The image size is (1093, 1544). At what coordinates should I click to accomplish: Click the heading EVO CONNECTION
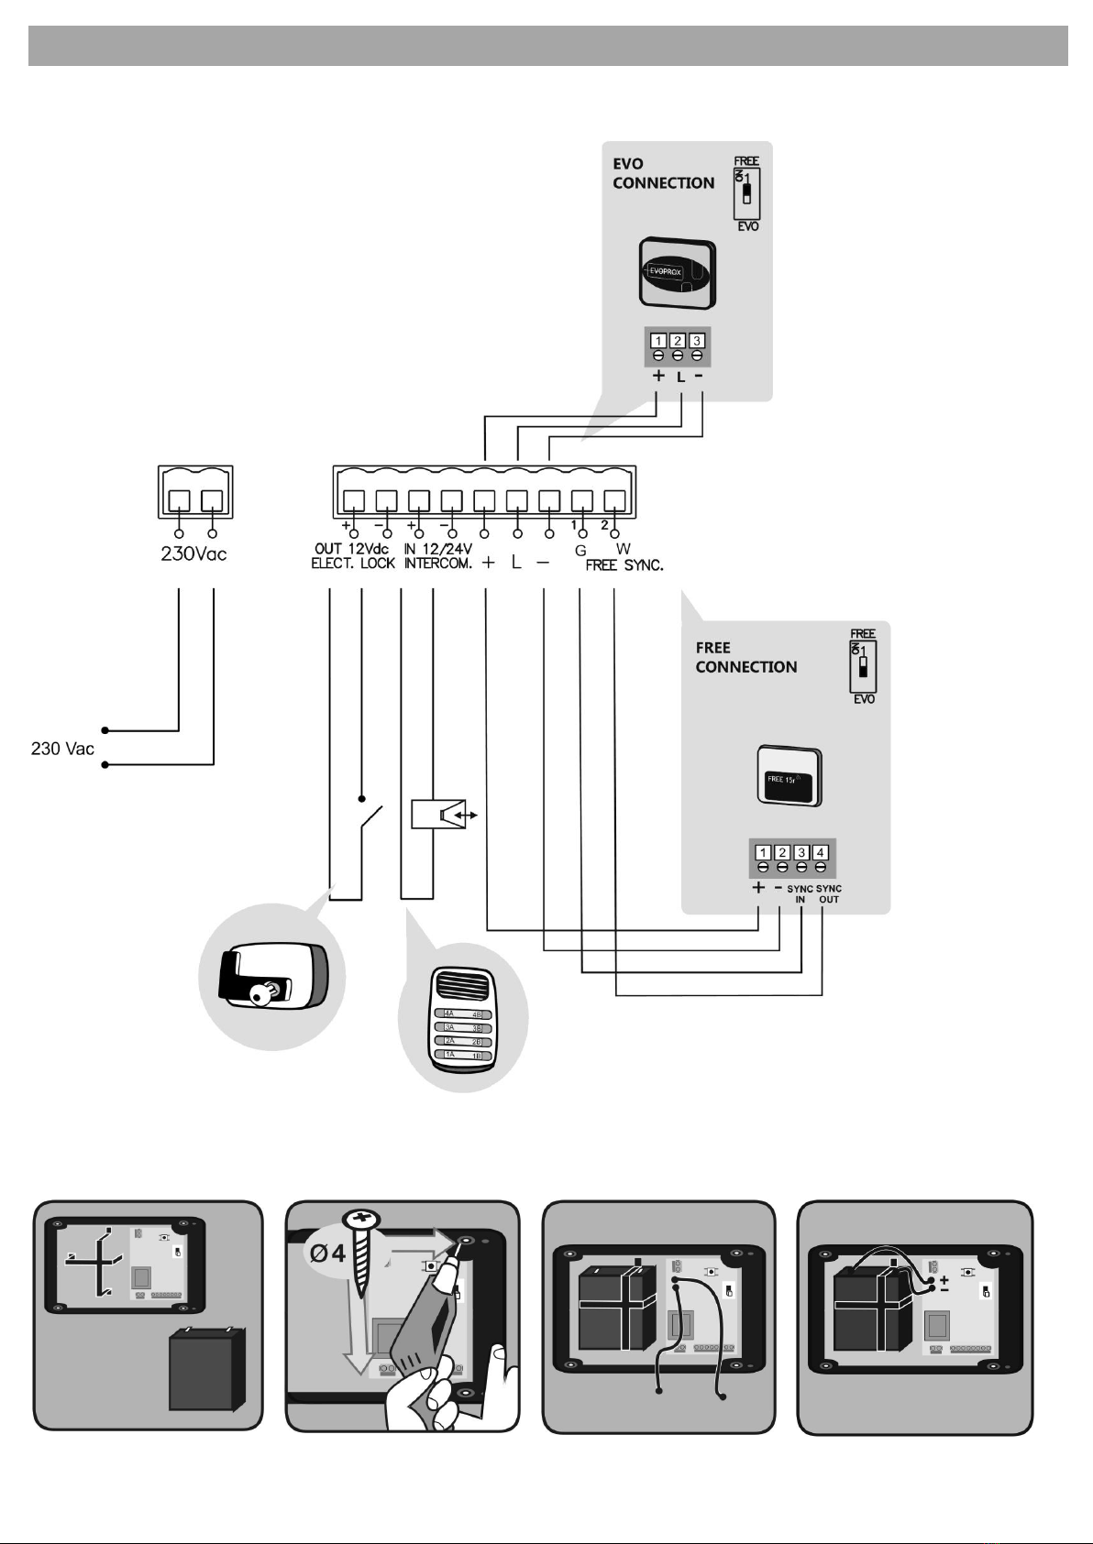tap(663, 174)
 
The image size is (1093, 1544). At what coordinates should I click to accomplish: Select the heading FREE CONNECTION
tap(745, 658)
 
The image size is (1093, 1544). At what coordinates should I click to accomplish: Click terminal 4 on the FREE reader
tap(821, 853)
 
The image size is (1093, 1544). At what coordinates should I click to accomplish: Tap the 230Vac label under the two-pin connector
tap(194, 554)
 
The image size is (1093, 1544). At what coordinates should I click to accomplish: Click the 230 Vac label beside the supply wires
tap(62, 749)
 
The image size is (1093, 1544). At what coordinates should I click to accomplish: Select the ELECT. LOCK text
tap(352, 564)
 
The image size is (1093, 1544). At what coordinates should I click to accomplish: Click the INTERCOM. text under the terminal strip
tap(438, 564)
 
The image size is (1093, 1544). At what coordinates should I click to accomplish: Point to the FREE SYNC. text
tap(624, 565)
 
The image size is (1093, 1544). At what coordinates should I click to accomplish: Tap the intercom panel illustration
tap(463, 1020)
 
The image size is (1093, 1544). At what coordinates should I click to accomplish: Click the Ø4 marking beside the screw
tap(326, 1252)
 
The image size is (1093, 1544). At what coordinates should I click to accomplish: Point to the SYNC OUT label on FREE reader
tap(829, 894)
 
